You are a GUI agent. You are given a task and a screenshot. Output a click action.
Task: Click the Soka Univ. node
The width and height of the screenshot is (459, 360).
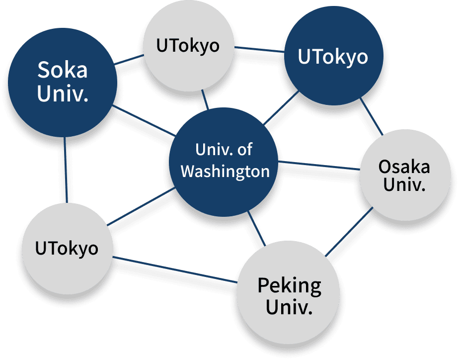pos(62,82)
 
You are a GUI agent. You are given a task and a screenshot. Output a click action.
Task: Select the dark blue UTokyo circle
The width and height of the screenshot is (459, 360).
pos(333,57)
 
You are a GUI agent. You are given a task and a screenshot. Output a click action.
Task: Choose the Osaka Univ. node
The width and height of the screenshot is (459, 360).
pos(404,175)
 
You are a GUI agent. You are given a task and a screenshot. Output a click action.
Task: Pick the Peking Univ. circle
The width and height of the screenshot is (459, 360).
pos(289,296)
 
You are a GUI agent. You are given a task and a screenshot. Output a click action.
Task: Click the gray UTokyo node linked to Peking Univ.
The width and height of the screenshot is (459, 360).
pos(67,248)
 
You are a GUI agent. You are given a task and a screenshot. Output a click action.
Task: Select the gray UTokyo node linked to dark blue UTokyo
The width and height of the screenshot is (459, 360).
pos(187,46)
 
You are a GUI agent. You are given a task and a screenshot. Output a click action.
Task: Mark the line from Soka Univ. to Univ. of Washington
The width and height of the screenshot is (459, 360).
pos(144,120)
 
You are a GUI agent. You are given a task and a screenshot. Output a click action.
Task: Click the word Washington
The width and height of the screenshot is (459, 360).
pos(225,172)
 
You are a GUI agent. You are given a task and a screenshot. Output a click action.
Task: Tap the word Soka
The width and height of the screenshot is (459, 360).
pos(63,70)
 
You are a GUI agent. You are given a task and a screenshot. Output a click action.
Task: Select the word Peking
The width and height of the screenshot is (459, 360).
pos(289,285)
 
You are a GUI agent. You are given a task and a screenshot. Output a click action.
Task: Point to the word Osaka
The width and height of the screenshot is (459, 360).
pos(404,166)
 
